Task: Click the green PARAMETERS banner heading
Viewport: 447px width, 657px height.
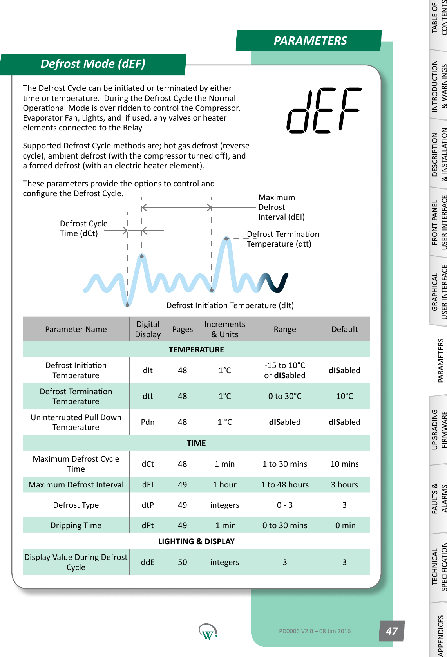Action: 310,40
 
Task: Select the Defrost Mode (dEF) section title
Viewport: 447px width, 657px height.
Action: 93,64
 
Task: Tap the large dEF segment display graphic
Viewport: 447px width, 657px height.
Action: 324,110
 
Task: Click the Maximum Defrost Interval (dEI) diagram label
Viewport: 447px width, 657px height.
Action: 281,207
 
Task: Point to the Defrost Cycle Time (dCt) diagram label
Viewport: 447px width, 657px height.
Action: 83,228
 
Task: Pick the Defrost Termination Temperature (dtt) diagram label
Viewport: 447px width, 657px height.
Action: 282,239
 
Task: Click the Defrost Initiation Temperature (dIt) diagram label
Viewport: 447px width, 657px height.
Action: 230,305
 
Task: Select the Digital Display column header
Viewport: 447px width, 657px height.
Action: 148,329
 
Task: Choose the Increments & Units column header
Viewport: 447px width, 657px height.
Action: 224,329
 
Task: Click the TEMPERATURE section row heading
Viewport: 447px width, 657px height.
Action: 196,350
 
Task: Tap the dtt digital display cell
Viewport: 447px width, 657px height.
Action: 148,396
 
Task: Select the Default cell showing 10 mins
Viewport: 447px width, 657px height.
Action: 344,464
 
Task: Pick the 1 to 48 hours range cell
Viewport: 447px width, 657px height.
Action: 285,485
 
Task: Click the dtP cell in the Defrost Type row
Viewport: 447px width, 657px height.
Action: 148,505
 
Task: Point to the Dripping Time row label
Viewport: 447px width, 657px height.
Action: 76,525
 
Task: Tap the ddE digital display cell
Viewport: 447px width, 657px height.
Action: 148,562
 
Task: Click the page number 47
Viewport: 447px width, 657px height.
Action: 391,631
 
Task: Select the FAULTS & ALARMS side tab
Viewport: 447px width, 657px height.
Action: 439,498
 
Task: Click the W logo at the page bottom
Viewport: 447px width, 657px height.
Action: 208,632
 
